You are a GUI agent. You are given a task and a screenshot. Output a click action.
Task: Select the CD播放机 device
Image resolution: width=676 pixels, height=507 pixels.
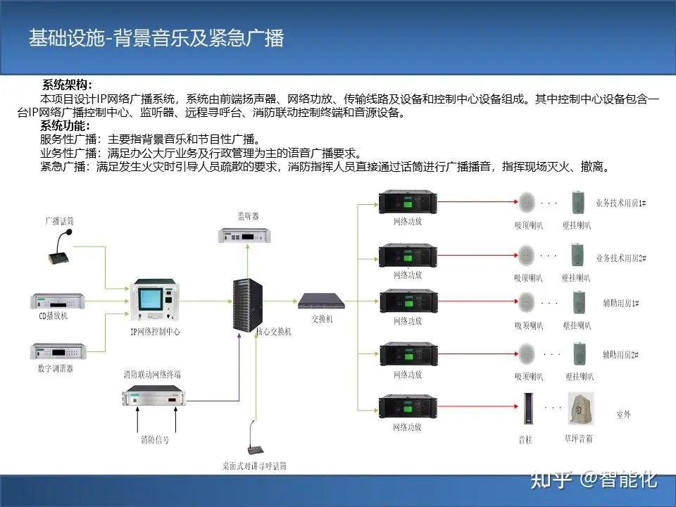57,301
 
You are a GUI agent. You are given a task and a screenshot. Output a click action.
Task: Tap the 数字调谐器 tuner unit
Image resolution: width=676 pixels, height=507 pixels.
57,351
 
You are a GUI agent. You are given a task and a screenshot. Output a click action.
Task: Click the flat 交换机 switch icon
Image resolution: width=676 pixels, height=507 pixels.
321,301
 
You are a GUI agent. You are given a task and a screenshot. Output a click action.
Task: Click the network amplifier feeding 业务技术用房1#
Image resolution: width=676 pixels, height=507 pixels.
408,203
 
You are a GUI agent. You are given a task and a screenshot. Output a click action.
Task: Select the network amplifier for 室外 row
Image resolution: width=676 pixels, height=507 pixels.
408,408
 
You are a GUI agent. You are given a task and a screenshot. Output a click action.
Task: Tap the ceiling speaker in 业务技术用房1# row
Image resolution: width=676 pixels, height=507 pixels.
527,203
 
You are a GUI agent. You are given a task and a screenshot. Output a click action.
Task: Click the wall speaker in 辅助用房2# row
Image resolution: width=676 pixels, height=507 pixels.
581,353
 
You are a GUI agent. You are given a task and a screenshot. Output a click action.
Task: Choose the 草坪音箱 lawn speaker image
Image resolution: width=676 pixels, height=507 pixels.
581,409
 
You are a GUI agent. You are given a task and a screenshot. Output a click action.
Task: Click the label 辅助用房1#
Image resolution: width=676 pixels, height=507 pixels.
620,303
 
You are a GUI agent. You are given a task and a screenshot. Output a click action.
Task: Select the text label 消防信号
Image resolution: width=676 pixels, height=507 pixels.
155,439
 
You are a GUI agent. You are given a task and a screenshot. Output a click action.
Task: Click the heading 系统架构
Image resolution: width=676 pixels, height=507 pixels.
67,85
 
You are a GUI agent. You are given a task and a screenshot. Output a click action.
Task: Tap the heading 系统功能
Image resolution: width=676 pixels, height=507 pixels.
65,126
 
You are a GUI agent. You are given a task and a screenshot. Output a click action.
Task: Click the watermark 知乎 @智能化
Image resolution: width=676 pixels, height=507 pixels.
594,480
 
